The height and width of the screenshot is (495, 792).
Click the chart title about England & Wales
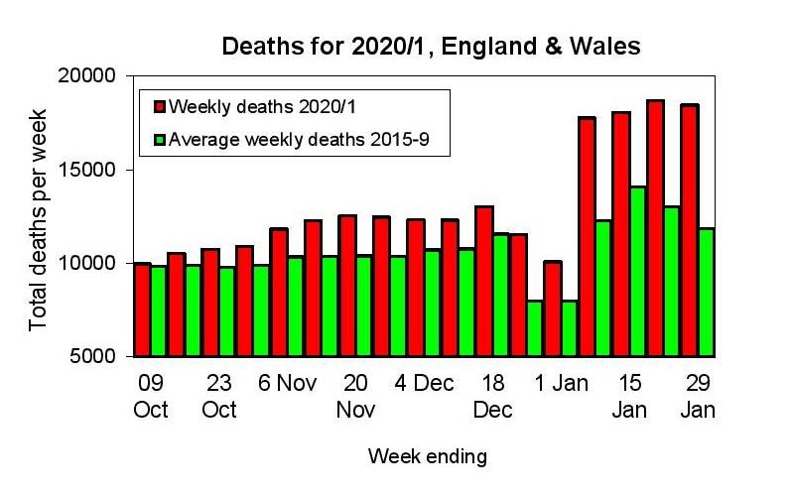point(430,46)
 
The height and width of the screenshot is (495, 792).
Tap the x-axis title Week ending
point(428,456)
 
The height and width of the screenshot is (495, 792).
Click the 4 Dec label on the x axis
point(424,384)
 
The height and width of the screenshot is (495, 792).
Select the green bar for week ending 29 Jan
point(706,293)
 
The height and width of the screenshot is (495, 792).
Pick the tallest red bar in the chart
point(655,228)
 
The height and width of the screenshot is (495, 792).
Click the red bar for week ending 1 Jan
point(553,309)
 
